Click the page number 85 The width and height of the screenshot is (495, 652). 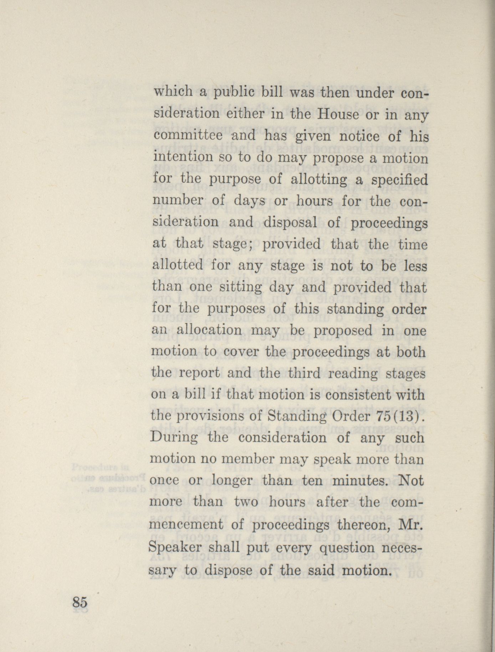(x=80, y=602)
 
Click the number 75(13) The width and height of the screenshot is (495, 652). (x=399, y=416)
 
